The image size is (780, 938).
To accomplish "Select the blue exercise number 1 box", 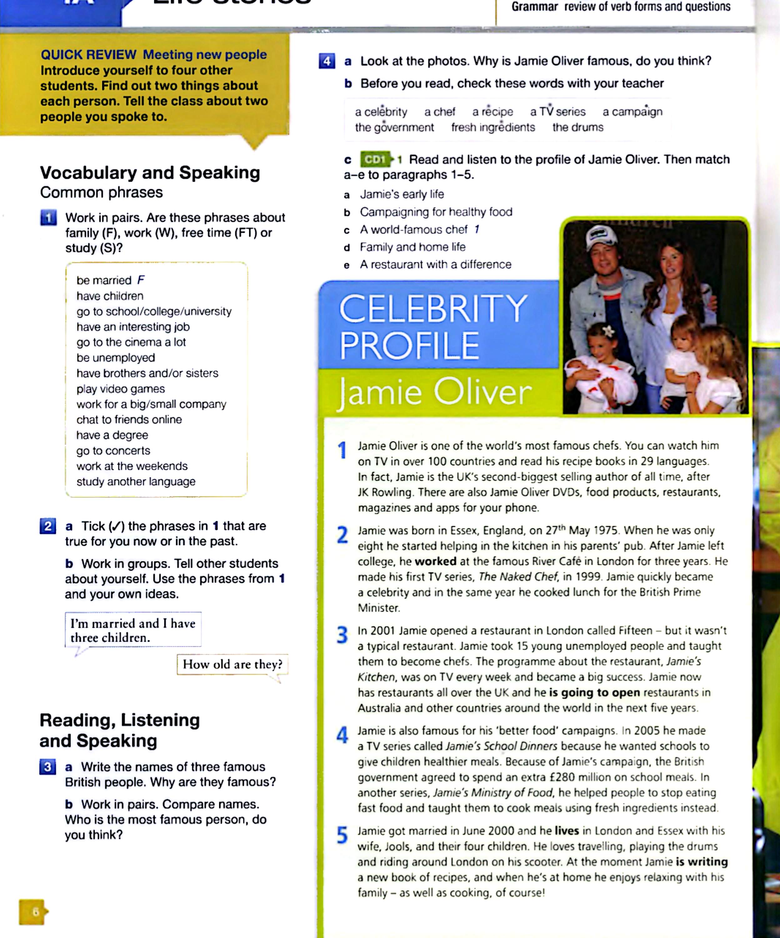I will tap(48, 218).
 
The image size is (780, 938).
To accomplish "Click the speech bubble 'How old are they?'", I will tap(232, 664).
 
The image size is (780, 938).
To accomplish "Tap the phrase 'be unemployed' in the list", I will tap(116, 358).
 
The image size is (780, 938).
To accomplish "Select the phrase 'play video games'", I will tap(121, 389).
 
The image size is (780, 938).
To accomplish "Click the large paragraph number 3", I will tap(342, 635).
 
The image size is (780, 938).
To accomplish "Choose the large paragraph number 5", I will tap(342, 835).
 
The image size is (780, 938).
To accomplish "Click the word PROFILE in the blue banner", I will tap(409, 345).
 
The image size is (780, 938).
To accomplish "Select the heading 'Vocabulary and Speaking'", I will tap(150, 172).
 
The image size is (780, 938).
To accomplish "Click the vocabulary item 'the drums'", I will tap(578, 127).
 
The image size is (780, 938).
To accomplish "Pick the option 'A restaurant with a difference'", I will tap(435, 265).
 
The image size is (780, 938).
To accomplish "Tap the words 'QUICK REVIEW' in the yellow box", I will tap(88, 54).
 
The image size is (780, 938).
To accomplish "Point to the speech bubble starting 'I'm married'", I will tap(133, 630).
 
